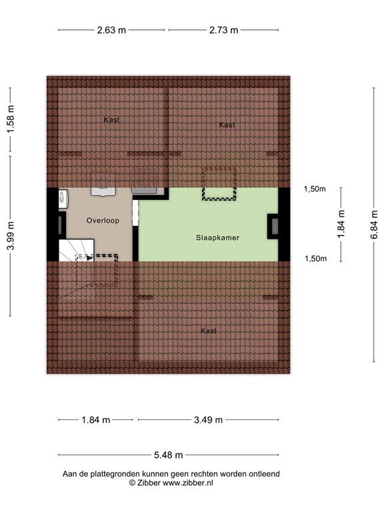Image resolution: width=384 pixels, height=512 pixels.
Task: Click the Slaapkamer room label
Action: tap(217, 237)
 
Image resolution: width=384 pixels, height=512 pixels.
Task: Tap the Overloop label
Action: tap(103, 220)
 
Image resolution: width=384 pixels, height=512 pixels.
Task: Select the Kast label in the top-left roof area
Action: tap(111, 120)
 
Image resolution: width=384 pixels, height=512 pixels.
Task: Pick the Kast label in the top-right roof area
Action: tap(227, 125)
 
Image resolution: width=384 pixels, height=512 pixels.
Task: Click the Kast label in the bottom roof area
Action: tap(209, 331)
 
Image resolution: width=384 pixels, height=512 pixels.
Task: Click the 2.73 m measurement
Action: tap(223, 30)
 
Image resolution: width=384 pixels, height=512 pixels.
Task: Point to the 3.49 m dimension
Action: tap(208, 420)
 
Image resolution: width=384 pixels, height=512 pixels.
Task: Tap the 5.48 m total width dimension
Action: tap(168, 455)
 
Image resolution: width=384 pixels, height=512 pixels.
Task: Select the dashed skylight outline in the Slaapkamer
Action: tap(220, 184)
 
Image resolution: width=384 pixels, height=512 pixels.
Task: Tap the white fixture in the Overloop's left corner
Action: tap(62, 197)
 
